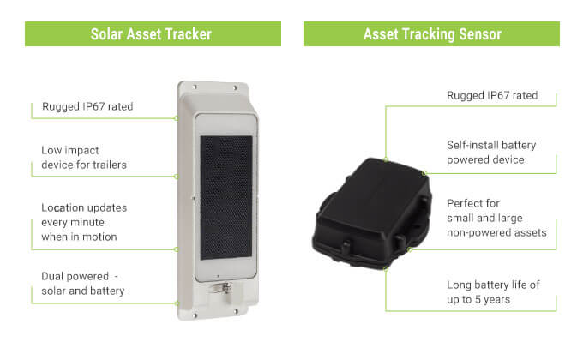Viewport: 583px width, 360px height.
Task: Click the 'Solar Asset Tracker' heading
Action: (151, 34)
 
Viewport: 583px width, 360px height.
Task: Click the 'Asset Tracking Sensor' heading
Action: (432, 34)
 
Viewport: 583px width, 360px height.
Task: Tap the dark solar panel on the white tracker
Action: (226, 197)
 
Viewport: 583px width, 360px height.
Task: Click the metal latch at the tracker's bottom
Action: (220, 290)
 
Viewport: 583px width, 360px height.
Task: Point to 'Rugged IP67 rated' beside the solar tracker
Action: (87, 107)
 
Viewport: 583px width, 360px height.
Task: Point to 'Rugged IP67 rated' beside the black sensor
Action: (492, 96)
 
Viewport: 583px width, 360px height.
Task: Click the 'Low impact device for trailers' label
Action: (84, 158)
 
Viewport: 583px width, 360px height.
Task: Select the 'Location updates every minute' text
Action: (84, 215)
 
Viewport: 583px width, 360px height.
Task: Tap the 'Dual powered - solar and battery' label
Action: (83, 284)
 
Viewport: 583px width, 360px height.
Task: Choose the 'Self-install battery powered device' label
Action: (491, 153)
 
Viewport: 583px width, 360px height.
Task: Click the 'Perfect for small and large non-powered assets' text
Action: (496, 218)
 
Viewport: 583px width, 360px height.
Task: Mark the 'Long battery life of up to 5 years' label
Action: (493, 292)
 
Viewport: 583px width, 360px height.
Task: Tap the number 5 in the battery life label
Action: (478, 299)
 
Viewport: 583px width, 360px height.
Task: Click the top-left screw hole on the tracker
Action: (195, 87)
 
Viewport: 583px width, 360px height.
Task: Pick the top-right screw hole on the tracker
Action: (235, 88)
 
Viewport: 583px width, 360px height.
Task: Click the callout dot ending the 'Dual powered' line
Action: (177, 303)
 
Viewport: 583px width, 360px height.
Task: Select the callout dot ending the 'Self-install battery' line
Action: (424, 173)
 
